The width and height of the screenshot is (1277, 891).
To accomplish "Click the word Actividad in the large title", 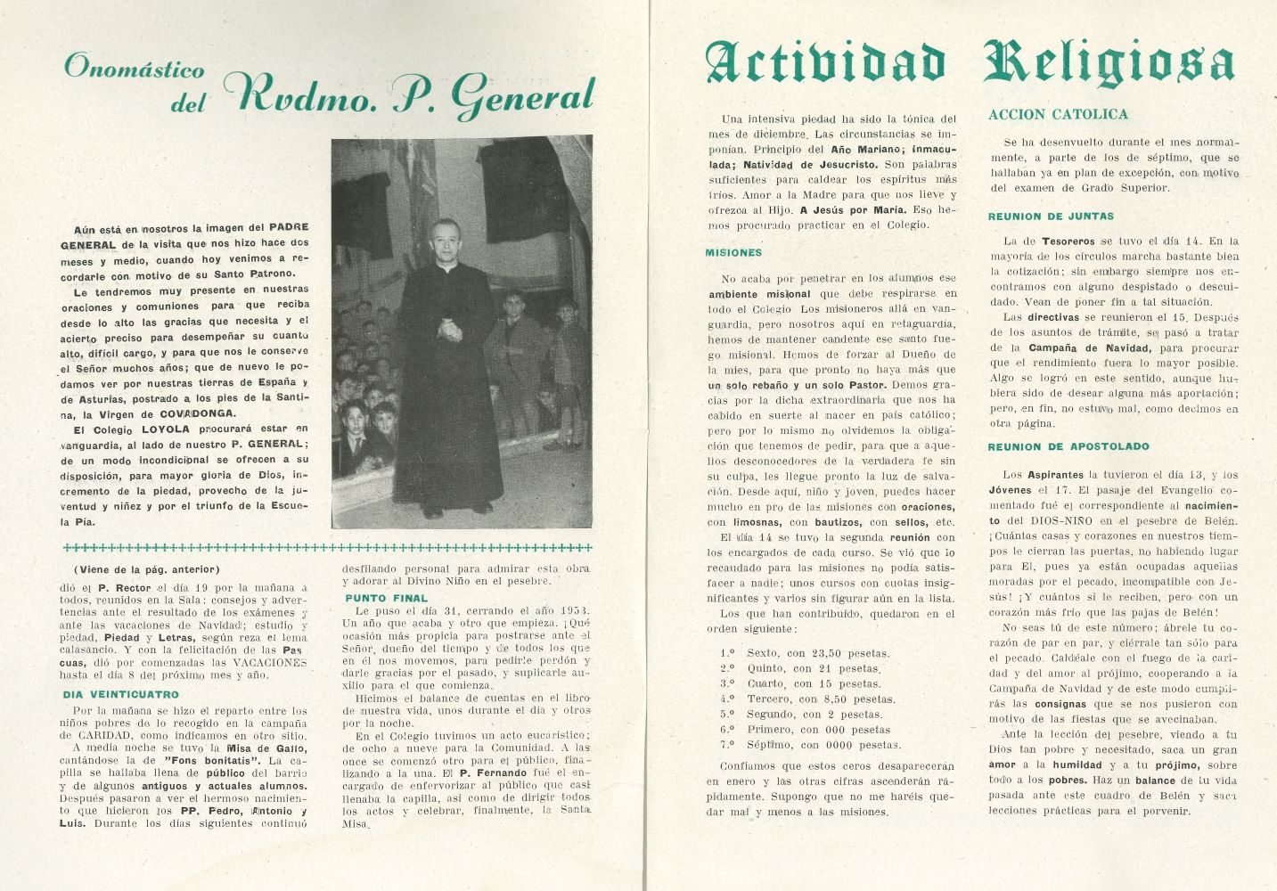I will pyautogui.click(x=824, y=63).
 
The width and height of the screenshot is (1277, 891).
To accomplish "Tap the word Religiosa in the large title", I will pyautogui.click(x=1109, y=63).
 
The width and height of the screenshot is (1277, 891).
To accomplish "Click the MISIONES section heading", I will pyautogui.click(x=734, y=253).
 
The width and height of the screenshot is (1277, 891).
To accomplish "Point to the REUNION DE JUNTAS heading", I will pyautogui.click(x=1051, y=217).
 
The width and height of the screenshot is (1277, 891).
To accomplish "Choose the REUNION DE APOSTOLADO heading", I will pyautogui.click(x=1068, y=446).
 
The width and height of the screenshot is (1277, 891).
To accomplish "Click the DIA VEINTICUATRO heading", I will pyautogui.click(x=120, y=694).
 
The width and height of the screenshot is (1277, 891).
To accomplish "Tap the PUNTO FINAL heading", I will pyautogui.click(x=386, y=598).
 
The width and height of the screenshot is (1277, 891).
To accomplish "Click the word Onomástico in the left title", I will pyautogui.click(x=135, y=69).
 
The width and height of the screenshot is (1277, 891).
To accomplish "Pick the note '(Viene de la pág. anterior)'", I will pyautogui.click(x=146, y=569).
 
